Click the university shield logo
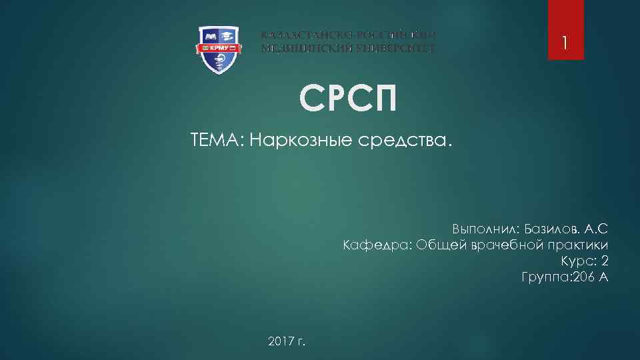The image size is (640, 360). click(x=219, y=49)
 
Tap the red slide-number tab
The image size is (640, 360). click(x=565, y=29)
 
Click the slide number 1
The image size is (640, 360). click(x=565, y=44)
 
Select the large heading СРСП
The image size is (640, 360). click(x=347, y=99)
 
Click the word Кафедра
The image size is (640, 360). click(x=376, y=245)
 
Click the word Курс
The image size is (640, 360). click(x=576, y=261)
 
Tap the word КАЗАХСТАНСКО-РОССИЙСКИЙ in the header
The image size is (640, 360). click(x=348, y=35)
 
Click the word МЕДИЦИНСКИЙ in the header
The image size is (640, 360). click(x=298, y=49)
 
